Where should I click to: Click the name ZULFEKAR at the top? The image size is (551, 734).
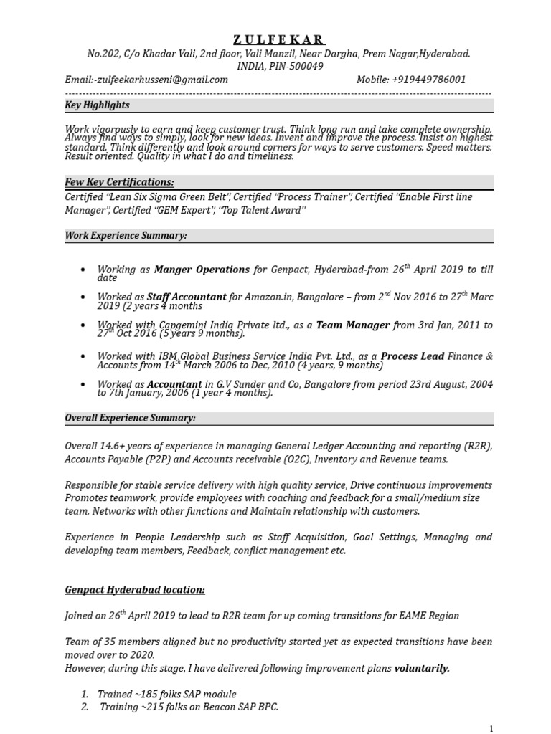(278, 39)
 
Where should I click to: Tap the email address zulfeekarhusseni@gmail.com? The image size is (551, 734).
(151, 80)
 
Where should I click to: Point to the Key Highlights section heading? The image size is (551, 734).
(98, 105)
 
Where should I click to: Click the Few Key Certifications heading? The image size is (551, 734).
(119, 182)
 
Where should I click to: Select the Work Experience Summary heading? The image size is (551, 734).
(126, 235)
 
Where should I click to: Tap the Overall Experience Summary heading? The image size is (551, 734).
(131, 417)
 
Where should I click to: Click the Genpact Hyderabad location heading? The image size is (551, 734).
(135, 589)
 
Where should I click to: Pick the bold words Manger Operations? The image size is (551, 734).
(202, 270)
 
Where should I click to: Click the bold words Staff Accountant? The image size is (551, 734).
(187, 296)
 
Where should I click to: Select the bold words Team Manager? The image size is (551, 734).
(353, 325)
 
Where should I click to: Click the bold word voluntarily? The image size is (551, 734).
(422, 668)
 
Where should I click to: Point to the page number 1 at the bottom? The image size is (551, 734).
(491, 728)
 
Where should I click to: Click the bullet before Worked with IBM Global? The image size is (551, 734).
(84, 356)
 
